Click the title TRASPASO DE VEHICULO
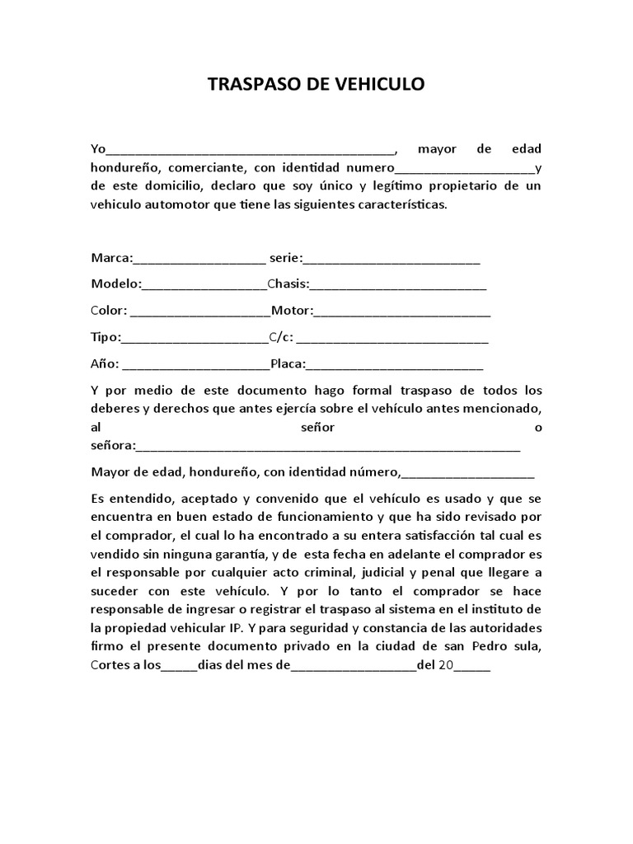click(316, 84)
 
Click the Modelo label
click(115, 284)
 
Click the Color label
click(108, 311)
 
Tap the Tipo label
click(105, 337)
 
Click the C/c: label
click(281, 337)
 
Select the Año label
click(105, 363)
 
